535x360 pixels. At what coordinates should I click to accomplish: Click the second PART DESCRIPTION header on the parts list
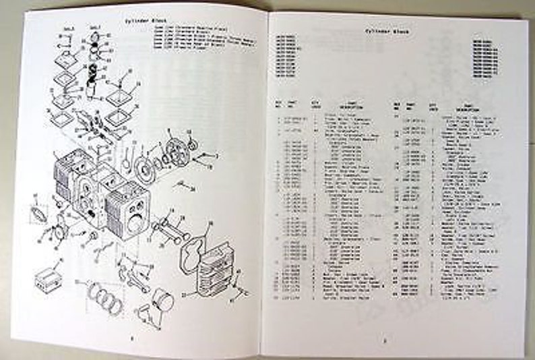click(464, 107)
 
